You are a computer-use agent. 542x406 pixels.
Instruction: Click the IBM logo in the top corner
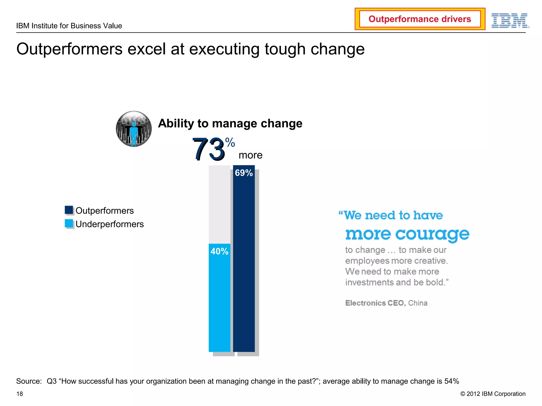510,21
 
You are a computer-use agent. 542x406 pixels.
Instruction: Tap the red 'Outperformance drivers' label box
420,19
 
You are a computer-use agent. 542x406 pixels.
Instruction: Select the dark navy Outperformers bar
244,264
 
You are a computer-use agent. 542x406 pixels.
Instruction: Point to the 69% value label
244,173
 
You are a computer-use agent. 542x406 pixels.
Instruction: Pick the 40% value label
219,251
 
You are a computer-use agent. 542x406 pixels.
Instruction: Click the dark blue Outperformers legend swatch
69,210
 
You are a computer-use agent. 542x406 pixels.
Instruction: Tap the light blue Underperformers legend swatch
69,223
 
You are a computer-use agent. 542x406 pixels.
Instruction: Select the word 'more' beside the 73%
250,155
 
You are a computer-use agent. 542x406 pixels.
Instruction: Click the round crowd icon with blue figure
134,129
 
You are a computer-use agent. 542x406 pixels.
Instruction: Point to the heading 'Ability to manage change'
230,123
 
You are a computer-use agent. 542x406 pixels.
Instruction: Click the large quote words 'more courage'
407,234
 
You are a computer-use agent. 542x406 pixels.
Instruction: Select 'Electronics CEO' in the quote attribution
375,303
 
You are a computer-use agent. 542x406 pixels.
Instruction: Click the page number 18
20,394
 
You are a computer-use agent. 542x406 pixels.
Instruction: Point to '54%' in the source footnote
451,381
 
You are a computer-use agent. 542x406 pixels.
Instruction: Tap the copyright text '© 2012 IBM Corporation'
493,394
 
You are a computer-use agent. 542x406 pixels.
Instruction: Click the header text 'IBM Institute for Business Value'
69,26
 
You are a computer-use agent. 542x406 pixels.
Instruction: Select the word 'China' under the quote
418,303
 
